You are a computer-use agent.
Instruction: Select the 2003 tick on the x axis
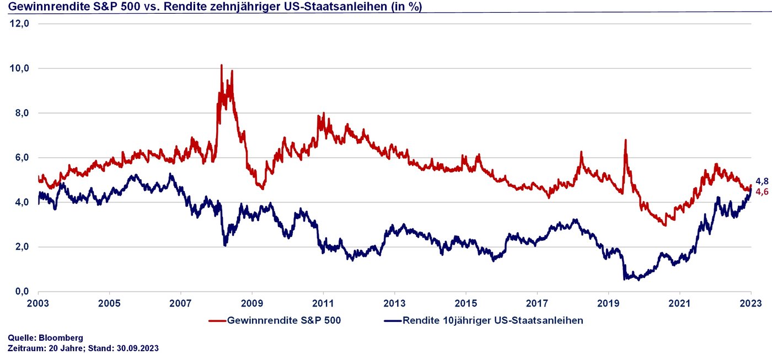click(x=38, y=303)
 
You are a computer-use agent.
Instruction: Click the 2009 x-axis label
click(x=252, y=303)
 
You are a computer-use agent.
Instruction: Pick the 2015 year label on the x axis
click(x=466, y=303)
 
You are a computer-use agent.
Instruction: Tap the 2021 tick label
click(x=679, y=303)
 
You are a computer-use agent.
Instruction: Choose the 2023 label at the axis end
click(x=751, y=303)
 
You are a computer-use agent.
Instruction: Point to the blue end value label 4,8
click(x=762, y=181)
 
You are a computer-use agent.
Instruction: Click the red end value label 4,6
click(x=762, y=191)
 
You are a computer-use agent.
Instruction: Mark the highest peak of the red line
click(x=221, y=65)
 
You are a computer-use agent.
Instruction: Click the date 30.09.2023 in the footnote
click(x=137, y=348)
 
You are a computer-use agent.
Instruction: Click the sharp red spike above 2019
click(x=625, y=140)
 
